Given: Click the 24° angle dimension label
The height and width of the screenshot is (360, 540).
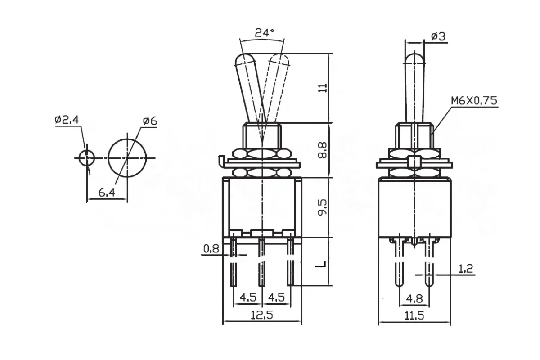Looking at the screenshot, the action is click(x=265, y=33).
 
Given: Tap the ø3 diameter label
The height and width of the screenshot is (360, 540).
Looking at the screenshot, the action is click(x=438, y=36).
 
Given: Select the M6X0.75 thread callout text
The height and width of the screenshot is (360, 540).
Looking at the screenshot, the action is click(x=474, y=100).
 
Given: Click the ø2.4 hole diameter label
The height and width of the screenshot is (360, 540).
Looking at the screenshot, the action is click(x=67, y=120).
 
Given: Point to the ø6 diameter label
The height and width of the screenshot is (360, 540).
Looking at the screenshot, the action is click(x=150, y=121).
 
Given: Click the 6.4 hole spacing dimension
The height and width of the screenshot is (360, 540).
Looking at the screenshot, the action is click(x=107, y=193).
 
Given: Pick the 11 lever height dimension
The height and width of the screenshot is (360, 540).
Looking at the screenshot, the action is click(x=323, y=88).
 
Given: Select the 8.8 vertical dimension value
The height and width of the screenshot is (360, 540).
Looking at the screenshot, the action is click(x=323, y=150).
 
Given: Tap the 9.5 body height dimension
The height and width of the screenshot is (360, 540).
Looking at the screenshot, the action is click(x=323, y=207).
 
